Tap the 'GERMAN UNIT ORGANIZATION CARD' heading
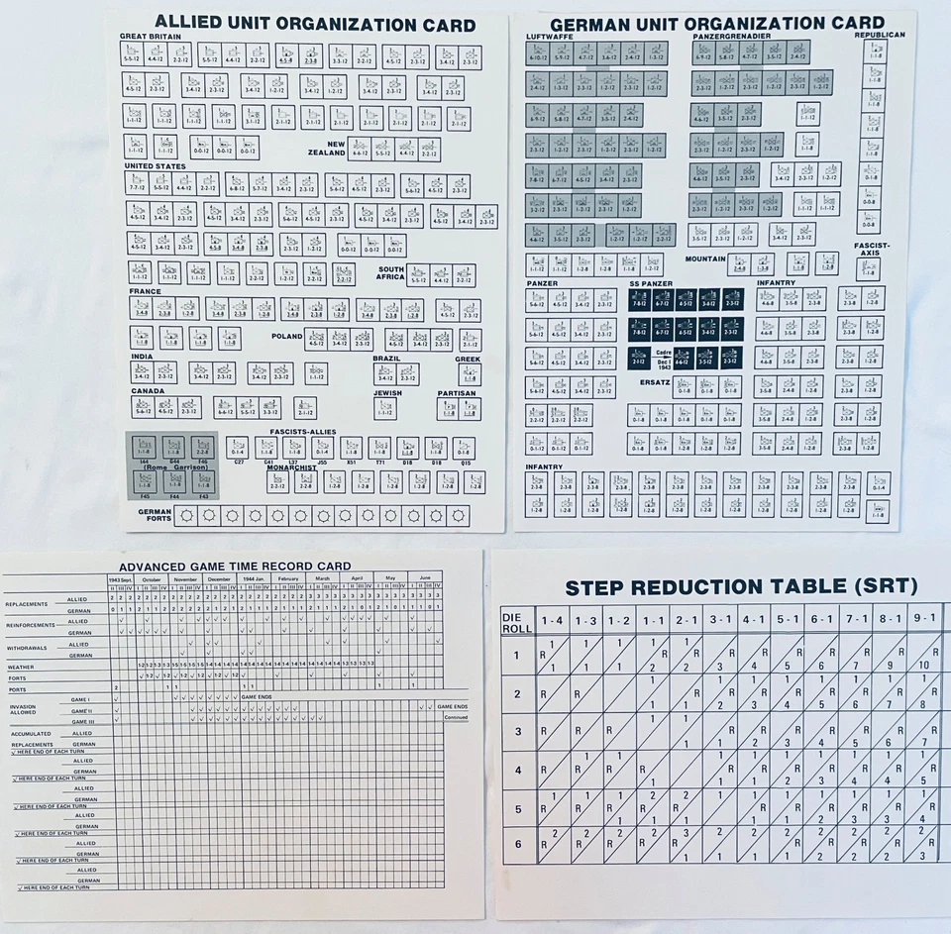tap(716, 23)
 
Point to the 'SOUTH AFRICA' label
tap(390, 273)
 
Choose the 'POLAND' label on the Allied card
tap(287, 336)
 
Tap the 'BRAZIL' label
tap(386, 358)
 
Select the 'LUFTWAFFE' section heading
tap(548, 36)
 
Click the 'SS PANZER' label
tap(651, 283)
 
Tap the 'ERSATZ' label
tap(655, 381)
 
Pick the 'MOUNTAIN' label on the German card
tap(705, 259)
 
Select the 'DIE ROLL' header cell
tap(515, 622)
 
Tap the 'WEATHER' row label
tap(22, 667)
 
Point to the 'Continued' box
tap(455, 717)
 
